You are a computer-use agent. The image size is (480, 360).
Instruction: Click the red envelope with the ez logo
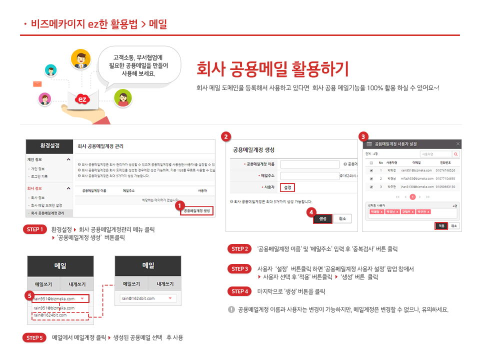(83, 99)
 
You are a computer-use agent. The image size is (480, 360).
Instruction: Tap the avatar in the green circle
(122, 98)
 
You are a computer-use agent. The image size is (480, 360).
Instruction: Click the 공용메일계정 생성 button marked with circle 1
(196, 211)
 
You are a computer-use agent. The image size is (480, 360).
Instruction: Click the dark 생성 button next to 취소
(322, 218)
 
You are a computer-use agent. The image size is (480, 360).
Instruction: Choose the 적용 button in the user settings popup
(441, 225)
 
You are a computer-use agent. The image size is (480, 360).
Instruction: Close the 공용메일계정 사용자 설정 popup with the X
(457, 143)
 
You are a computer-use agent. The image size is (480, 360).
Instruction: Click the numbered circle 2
(226, 136)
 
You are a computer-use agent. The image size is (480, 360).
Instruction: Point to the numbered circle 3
(364, 136)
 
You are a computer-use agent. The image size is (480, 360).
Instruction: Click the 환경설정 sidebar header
(49, 146)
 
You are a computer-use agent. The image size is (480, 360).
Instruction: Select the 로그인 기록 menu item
(40, 176)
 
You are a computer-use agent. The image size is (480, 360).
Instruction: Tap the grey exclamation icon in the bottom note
(231, 309)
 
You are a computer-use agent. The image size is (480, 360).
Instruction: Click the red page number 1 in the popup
(412, 197)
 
